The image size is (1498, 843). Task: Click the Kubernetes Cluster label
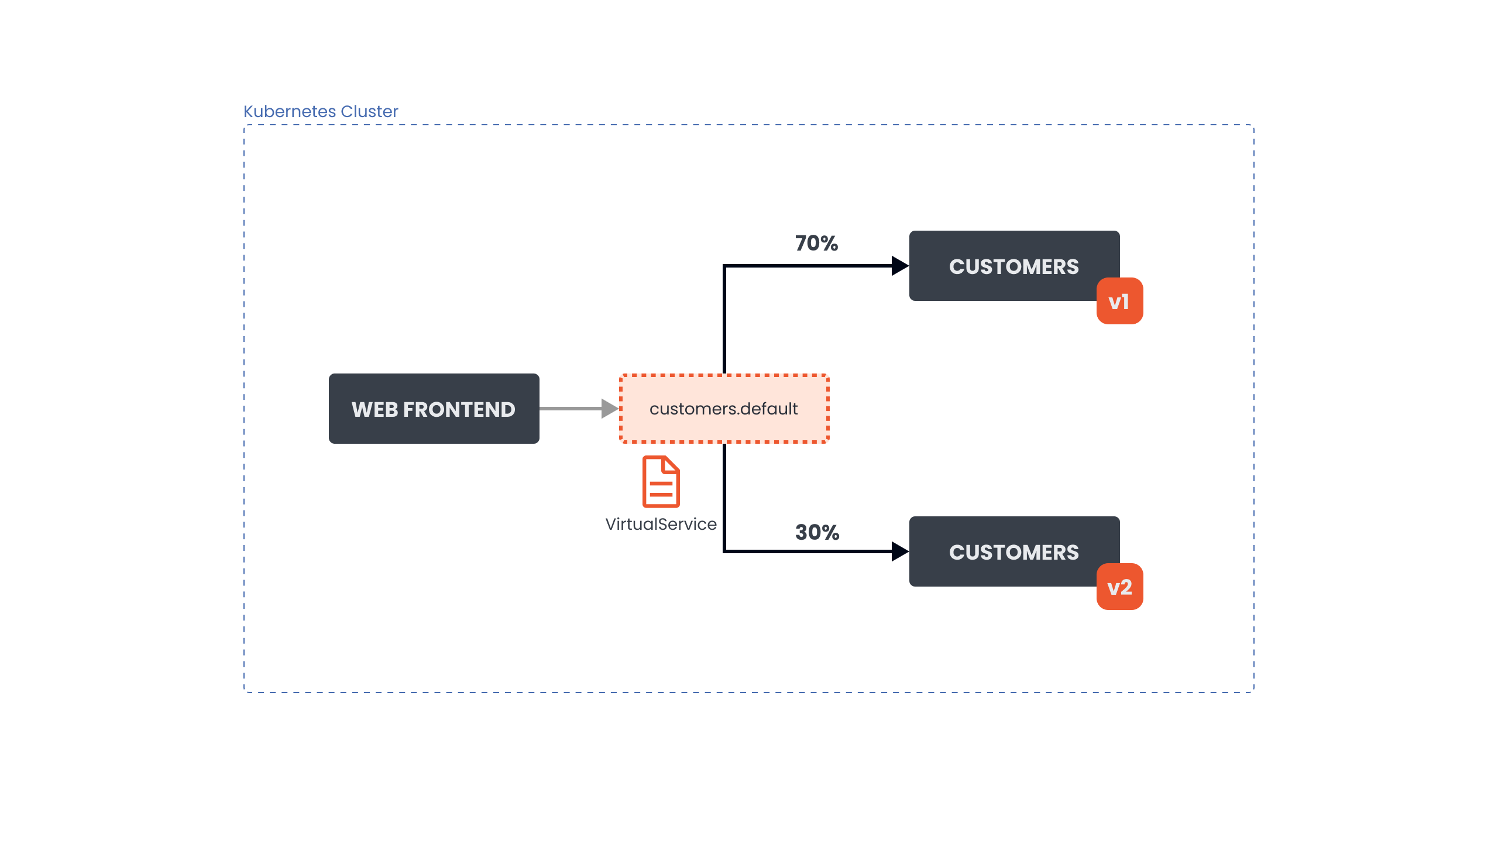pyautogui.click(x=320, y=111)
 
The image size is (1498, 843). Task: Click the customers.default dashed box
pyautogui.click(x=724, y=409)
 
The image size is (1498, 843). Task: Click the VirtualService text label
pyautogui.click(x=661, y=524)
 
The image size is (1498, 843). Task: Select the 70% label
pyautogui.click(x=816, y=243)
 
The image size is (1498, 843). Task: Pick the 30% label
pyautogui.click(x=817, y=532)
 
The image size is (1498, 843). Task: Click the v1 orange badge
pyautogui.click(x=1119, y=301)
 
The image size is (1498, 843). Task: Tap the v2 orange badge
pyautogui.click(x=1119, y=587)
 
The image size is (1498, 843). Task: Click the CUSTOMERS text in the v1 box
pyautogui.click(x=1013, y=266)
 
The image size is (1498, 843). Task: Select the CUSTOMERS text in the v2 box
pyautogui.click(x=1013, y=552)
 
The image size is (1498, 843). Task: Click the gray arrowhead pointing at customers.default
pyautogui.click(x=610, y=409)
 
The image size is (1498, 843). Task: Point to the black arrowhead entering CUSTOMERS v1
pyautogui.click(x=899, y=266)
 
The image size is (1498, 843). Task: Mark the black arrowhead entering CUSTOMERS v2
pyautogui.click(x=899, y=551)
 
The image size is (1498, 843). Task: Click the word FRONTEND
pyautogui.click(x=459, y=409)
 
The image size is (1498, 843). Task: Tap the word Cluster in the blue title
pyautogui.click(x=369, y=111)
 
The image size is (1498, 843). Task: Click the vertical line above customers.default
pyautogui.click(x=724, y=322)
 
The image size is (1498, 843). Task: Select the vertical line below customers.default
pyautogui.click(x=724, y=498)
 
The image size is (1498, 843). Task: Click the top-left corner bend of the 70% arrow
pyautogui.click(x=725, y=266)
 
